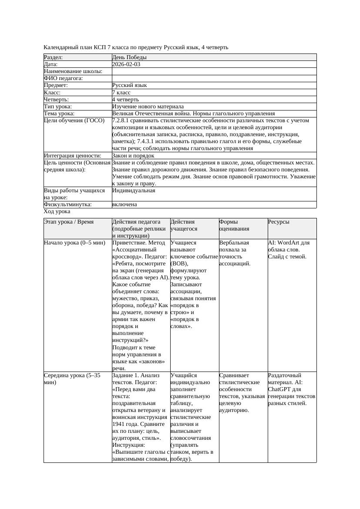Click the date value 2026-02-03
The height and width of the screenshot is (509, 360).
[126, 64]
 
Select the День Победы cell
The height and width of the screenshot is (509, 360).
[129, 57]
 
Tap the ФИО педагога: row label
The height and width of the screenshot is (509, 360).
[64, 78]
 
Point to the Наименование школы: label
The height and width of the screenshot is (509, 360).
[73, 71]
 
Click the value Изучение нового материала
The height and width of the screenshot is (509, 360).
[148, 107]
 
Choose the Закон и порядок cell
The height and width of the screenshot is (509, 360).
[133, 156]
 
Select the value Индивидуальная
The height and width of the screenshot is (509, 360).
[133, 191]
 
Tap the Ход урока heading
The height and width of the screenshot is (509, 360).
[57, 211]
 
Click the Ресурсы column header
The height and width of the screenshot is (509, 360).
[279, 222]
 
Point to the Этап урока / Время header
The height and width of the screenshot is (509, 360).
[69, 222]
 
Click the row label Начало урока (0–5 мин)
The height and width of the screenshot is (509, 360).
[74, 243]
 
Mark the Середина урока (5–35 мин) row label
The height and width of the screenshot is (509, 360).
[72, 378]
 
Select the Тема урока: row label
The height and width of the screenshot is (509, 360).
[59, 114]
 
